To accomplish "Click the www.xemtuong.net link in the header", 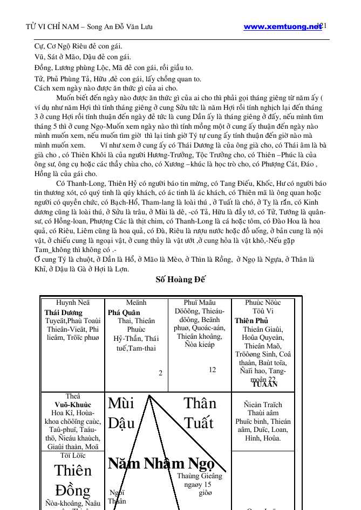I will point(282,27).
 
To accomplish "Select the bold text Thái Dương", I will point(64,313).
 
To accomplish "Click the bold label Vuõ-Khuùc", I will point(73,405).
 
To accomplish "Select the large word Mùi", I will point(121,403).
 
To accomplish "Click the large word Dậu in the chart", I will point(121,423).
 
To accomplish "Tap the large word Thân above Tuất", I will point(200,403).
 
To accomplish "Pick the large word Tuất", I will point(199,423).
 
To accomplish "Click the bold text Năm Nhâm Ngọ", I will point(161,464).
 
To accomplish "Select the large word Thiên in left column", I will point(73,471).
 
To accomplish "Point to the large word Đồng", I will point(73,491).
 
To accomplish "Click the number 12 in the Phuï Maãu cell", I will point(212,370).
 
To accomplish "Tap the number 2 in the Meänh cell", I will point(160,373).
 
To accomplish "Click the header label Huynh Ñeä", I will point(73,303).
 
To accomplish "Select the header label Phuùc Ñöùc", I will point(263,303).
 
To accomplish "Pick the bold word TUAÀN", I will point(264,385).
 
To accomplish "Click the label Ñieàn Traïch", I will point(263,405).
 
